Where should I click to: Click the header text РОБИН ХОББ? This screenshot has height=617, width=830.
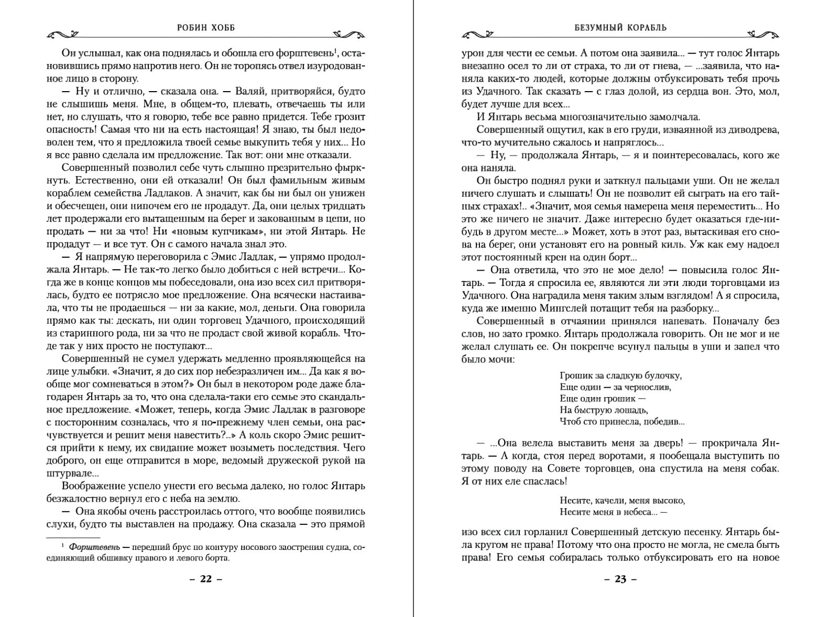point(206,28)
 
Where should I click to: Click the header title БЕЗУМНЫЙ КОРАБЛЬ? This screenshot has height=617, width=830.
point(620,28)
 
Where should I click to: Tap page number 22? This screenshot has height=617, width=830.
point(206,580)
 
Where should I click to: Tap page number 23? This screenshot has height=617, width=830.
point(620,580)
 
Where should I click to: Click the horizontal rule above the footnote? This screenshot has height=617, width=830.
point(73,537)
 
